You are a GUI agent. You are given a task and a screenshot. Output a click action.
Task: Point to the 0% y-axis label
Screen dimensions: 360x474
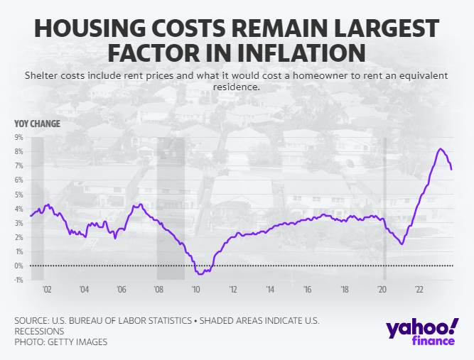pyautogui.click(x=19, y=266)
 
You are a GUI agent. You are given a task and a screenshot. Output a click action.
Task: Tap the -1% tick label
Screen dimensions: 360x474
pyautogui.click(x=18, y=280)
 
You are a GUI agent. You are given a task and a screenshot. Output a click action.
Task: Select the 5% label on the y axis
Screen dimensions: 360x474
pyautogui.click(x=19, y=195)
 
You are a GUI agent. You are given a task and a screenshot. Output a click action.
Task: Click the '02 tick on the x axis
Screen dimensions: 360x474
pyautogui.click(x=47, y=290)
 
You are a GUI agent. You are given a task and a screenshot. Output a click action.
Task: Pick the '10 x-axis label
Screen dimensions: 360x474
pyautogui.click(x=196, y=290)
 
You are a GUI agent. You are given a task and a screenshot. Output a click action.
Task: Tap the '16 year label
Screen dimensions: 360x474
pyautogui.click(x=307, y=290)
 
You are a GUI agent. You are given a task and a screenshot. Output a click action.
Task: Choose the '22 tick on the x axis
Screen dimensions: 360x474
pyautogui.click(x=419, y=290)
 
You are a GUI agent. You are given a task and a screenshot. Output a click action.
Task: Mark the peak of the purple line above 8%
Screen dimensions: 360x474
pyautogui.click(x=441, y=148)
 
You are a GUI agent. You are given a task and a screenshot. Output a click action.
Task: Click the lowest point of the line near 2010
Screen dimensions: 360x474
pyautogui.click(x=199, y=273)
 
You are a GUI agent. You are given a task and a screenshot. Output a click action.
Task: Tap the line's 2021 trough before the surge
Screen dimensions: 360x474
pyautogui.click(x=402, y=244)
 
